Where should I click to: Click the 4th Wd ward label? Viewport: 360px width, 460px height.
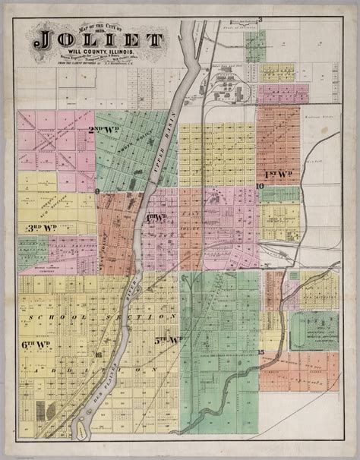(x=156, y=218)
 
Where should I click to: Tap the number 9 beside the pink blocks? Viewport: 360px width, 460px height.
(x=99, y=191)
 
